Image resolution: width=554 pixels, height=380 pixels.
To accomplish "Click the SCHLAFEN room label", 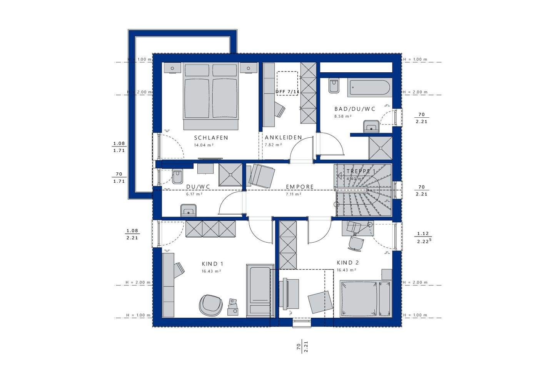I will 211,138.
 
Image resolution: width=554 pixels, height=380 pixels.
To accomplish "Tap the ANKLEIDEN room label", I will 283,138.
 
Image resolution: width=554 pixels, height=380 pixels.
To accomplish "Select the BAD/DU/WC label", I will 354,109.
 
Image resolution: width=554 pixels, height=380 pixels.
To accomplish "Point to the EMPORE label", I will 300,187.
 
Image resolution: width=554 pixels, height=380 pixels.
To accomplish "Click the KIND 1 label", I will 212,264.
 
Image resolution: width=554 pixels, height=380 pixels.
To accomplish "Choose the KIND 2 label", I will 347,263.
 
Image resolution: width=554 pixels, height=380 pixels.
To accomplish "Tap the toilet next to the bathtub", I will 333,86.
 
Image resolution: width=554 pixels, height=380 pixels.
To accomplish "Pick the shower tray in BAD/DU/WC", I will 380,148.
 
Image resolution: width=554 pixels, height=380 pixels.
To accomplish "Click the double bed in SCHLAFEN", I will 211,96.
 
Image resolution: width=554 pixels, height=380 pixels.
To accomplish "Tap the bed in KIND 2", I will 365,298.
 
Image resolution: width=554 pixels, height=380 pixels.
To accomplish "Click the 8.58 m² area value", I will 343,116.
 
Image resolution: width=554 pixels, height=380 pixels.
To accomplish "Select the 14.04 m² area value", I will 204,145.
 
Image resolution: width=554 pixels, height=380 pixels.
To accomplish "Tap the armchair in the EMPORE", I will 262,175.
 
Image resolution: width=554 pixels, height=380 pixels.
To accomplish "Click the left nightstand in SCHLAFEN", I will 172,67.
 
